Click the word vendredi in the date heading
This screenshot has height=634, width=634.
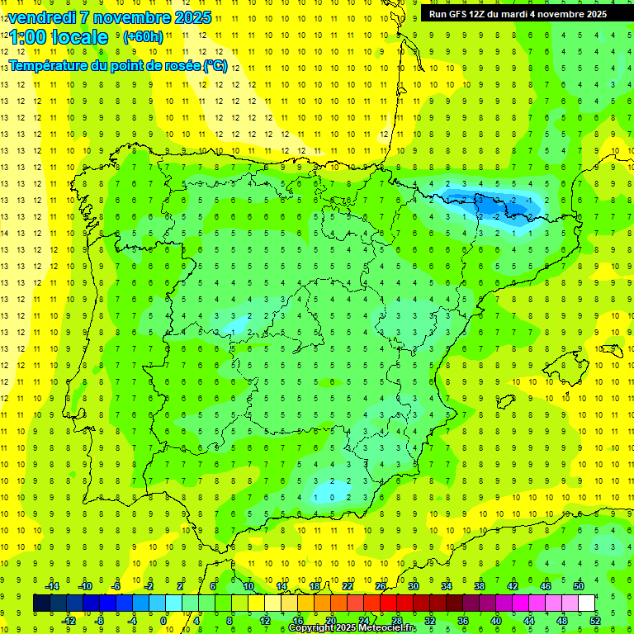[x=41, y=17]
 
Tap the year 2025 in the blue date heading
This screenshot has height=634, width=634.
[x=189, y=17]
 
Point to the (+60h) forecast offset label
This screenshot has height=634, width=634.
[x=143, y=37]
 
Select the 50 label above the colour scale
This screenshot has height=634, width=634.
[x=579, y=585]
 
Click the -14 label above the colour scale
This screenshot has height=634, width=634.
[x=51, y=585]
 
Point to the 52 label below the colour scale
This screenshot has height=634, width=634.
[x=595, y=621]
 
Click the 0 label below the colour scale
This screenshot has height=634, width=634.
[x=163, y=621]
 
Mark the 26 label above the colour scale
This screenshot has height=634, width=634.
[x=381, y=585]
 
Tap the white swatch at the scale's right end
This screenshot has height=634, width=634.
[x=586, y=603]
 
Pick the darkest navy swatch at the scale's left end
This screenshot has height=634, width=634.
[x=41, y=603]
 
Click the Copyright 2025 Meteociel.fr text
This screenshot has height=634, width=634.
[x=352, y=628]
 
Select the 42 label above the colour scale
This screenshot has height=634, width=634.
[x=513, y=585]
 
